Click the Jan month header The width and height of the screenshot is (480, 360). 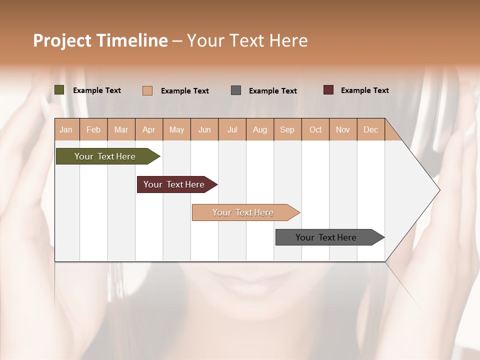point(66,129)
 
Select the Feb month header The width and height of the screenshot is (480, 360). point(93,129)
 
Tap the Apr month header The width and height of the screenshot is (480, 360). point(148,129)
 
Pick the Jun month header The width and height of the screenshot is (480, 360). point(204,129)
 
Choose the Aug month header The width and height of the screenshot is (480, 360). point(259,129)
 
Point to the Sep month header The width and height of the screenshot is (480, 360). point(287,129)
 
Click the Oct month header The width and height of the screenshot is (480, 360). point(315,129)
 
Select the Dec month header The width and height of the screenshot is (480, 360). point(370,129)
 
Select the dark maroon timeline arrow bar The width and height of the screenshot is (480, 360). point(175,184)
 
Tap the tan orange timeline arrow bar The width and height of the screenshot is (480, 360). point(244,212)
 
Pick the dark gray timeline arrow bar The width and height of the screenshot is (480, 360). point(327,237)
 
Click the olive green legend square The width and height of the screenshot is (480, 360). point(59,90)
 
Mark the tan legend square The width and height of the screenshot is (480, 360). point(147,90)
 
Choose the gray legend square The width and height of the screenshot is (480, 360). point(236,90)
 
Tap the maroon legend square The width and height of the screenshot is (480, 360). point(328,90)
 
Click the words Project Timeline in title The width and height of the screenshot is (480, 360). point(100,40)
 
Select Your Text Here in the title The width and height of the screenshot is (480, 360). point(247,40)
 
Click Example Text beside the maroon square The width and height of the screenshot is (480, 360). point(364,90)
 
